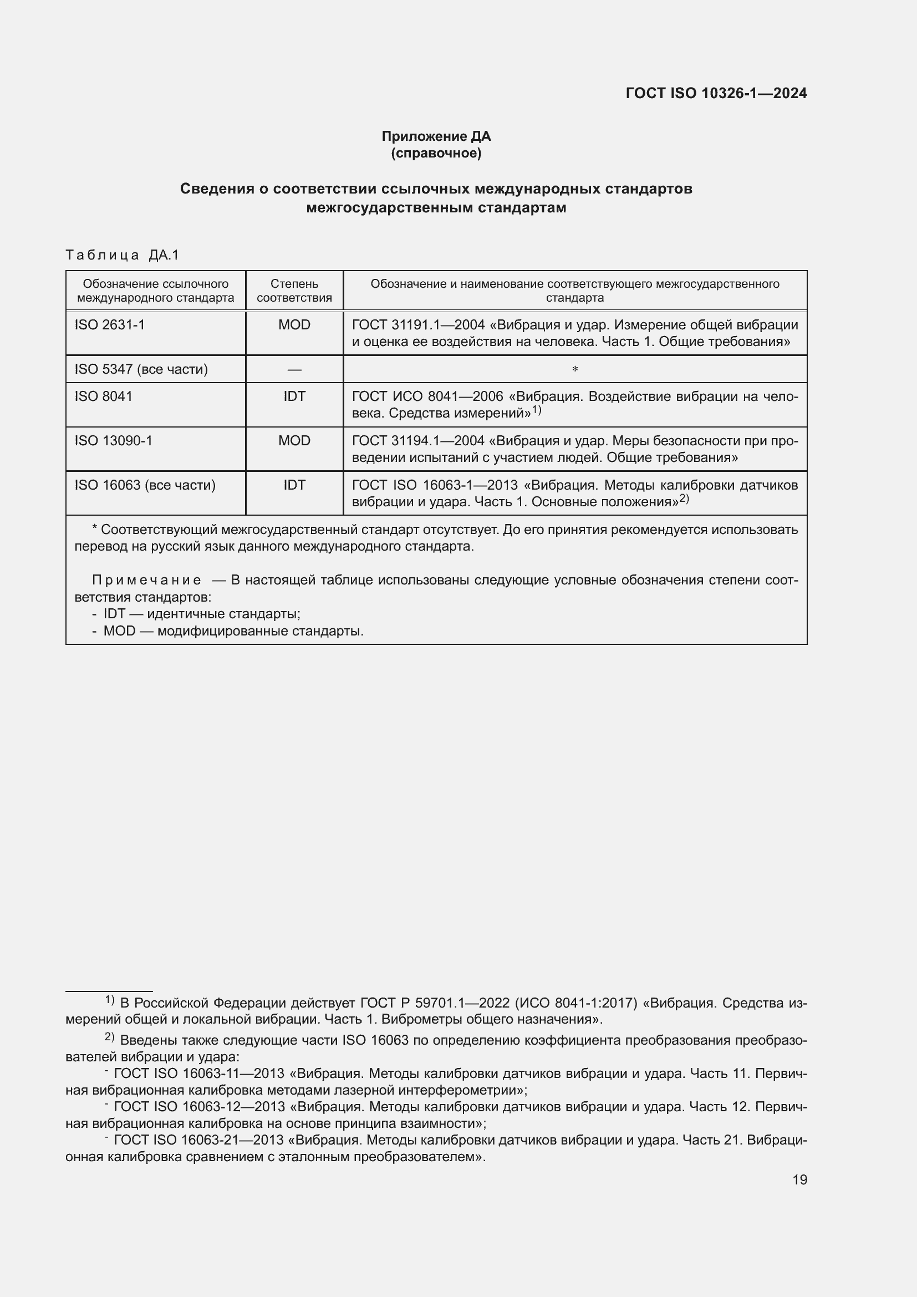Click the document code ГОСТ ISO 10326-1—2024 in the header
[716, 93]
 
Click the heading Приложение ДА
[436, 136]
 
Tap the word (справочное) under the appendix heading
[436, 153]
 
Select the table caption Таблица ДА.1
[122, 255]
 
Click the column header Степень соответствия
[294, 291]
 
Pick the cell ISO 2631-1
[110, 325]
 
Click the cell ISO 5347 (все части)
[141, 369]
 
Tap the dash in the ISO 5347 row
[294, 369]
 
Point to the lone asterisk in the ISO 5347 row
[575, 369]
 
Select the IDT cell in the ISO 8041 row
[294, 396]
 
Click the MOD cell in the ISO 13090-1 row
[294, 441]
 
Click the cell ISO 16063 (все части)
[145, 485]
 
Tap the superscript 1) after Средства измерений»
[537, 411]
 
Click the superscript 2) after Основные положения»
[684, 499]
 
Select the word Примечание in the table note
[147, 580]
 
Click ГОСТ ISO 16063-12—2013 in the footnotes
[199, 1107]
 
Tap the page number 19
[799, 1179]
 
